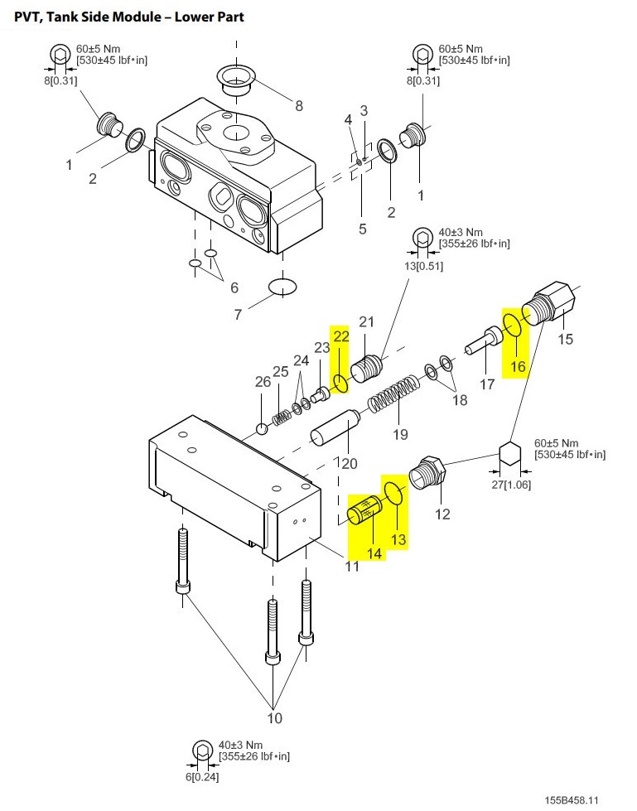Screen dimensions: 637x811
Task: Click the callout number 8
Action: tap(299, 105)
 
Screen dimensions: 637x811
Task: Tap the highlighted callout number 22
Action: tap(341, 336)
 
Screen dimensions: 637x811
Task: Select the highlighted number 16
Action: tap(518, 366)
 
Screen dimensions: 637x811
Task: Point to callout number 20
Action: tap(350, 463)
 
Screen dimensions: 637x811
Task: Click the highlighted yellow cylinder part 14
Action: tap(364, 510)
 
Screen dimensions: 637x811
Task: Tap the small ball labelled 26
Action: tap(263, 429)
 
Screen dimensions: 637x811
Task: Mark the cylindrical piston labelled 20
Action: tap(334, 427)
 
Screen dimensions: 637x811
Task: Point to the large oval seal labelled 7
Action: tap(282, 286)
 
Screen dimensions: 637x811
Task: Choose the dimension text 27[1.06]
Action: tap(511, 485)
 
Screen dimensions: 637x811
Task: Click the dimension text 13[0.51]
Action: tap(423, 266)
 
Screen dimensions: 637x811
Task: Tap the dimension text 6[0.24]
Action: tap(202, 777)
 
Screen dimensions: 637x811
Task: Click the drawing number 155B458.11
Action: tap(572, 800)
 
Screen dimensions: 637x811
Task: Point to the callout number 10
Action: tap(274, 718)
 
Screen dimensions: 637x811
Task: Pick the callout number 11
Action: tap(352, 566)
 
